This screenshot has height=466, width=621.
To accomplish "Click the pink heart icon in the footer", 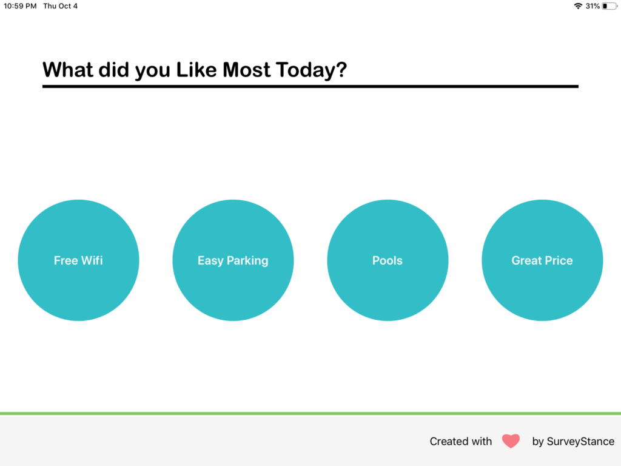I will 511,441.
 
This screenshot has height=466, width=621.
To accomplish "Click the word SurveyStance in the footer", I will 580,441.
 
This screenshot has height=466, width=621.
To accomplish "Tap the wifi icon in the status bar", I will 577,6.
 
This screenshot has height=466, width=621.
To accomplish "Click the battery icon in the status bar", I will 609,6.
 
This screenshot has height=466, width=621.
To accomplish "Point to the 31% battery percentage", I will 592,6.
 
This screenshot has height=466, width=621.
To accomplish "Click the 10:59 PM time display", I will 20,6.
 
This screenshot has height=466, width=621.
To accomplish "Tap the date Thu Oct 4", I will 60,6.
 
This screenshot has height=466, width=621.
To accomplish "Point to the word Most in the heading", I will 246,70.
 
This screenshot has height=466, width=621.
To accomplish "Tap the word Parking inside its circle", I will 247,260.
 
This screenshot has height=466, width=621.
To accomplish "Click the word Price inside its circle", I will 558,260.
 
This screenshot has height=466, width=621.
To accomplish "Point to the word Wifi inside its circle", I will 92,260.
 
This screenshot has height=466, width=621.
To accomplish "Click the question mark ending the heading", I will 341,70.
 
